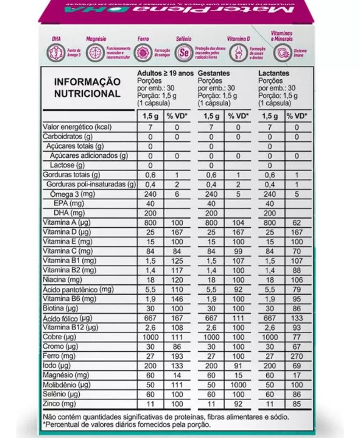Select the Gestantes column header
214,74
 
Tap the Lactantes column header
274,74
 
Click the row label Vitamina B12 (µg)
71,328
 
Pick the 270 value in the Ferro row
296,356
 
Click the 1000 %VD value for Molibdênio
238,385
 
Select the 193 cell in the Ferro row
176,356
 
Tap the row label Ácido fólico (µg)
67,318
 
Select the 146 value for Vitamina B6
176,299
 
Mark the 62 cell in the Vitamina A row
296,223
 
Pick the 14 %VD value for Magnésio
176,375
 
